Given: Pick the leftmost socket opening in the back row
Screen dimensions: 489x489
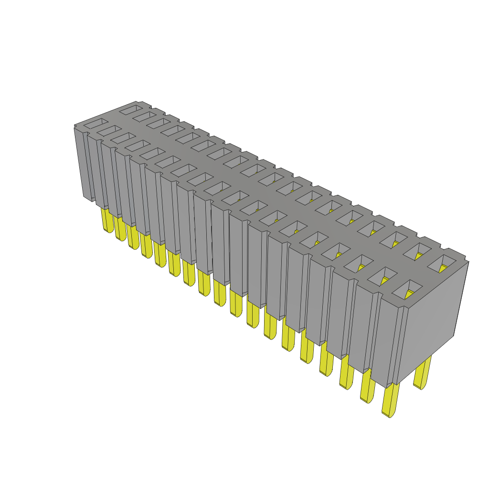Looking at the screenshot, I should pyautogui.click(x=129, y=109).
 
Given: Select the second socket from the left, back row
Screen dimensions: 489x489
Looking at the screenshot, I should pyautogui.click(x=143, y=116).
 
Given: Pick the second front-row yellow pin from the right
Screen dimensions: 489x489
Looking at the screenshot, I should pyautogui.click(x=367, y=385).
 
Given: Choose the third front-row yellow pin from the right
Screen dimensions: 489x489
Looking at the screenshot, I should pyautogui.click(x=346, y=372).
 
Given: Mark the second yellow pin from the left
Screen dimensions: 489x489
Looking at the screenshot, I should pyautogui.click(x=119, y=228).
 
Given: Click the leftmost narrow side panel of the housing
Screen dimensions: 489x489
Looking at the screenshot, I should pyautogui.click(x=82, y=162).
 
